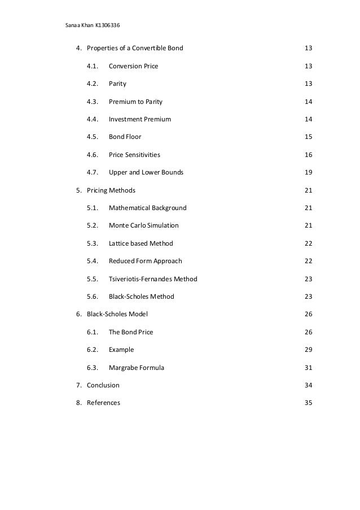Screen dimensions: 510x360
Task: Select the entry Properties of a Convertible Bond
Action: click(x=135, y=49)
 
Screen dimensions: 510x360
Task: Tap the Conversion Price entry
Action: click(x=133, y=66)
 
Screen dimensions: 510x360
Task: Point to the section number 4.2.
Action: click(x=93, y=84)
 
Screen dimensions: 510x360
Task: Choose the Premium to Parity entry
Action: click(x=135, y=102)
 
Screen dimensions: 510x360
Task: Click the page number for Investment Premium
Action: click(x=308, y=119)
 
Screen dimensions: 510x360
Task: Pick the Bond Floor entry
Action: click(x=125, y=137)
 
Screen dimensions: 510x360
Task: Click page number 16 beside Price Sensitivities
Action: click(x=308, y=155)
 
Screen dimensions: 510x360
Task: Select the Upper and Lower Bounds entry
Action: click(x=146, y=172)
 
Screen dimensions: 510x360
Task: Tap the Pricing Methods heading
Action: click(x=111, y=190)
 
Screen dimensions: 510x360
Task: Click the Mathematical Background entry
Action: click(x=147, y=208)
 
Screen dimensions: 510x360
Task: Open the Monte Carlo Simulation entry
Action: click(x=143, y=225)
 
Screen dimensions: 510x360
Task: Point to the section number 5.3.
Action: click(x=93, y=243)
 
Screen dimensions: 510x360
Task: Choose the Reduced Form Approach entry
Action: click(x=145, y=261)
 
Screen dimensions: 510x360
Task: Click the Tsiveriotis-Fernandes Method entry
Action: click(x=153, y=279)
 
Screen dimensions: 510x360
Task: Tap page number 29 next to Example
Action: click(x=308, y=350)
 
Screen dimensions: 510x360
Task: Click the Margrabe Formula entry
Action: click(x=137, y=368)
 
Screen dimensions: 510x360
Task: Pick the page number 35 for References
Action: click(x=308, y=403)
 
